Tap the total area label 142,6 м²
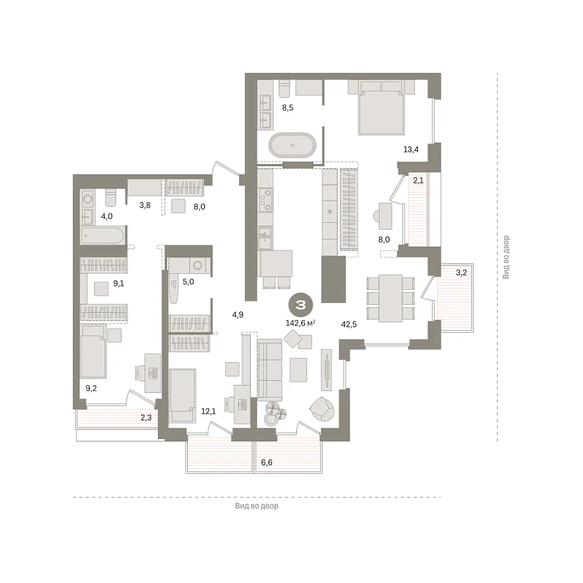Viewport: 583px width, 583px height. tap(301, 323)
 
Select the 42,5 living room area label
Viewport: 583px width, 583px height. tap(349, 324)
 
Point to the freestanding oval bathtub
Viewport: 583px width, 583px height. tap(292, 145)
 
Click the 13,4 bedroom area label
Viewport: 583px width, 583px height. tap(411, 149)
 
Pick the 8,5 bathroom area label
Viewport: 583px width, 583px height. tap(287, 108)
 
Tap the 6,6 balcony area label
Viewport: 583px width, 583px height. tap(267, 463)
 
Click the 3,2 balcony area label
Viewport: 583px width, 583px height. tap(461, 273)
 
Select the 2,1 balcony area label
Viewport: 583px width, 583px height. tap(418, 181)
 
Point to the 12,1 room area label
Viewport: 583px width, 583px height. tap(208, 411)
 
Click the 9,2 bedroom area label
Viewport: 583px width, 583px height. tap(91, 388)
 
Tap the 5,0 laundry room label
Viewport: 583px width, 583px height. tap(188, 282)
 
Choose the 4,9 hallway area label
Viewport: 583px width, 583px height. tap(237, 315)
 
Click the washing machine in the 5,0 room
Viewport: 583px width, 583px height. tap(198, 265)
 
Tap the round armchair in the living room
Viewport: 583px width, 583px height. tap(322, 409)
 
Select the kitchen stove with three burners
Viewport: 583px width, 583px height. tap(265, 200)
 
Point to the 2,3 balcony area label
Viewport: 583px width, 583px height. tap(146, 418)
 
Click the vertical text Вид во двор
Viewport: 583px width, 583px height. tap(506, 257)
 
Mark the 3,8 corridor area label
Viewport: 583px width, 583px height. tap(145, 205)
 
